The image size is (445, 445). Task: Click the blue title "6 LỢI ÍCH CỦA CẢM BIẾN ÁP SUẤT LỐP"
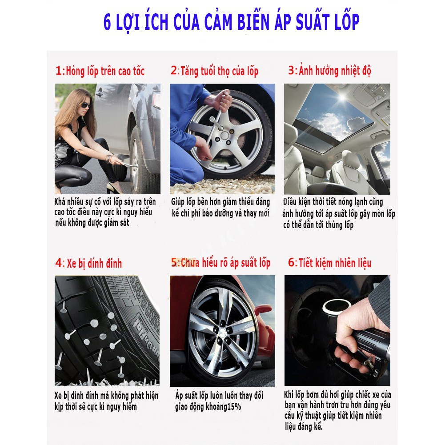point(231,22)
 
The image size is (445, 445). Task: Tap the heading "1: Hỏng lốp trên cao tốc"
point(100,71)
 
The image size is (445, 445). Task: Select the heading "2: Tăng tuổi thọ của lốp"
point(215,71)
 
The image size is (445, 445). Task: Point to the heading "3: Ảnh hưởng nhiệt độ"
point(329,70)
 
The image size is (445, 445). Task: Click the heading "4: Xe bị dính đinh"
point(88,263)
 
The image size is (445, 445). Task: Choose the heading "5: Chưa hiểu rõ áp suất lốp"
point(220,263)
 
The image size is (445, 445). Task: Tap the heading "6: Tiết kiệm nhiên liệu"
point(329,263)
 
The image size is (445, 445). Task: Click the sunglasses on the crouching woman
point(85,105)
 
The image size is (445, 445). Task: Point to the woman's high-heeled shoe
point(113,188)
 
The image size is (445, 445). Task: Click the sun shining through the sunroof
point(343,98)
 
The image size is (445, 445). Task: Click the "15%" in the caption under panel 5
point(234,407)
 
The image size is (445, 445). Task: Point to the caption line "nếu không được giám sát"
point(92,223)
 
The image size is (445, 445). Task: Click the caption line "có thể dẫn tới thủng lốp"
point(318,225)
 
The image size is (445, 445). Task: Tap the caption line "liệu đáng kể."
point(304,426)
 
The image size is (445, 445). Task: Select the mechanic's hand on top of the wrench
point(223,100)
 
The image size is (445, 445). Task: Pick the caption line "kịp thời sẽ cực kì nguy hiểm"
point(96,407)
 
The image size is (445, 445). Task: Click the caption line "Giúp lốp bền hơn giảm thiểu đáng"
point(220,202)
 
